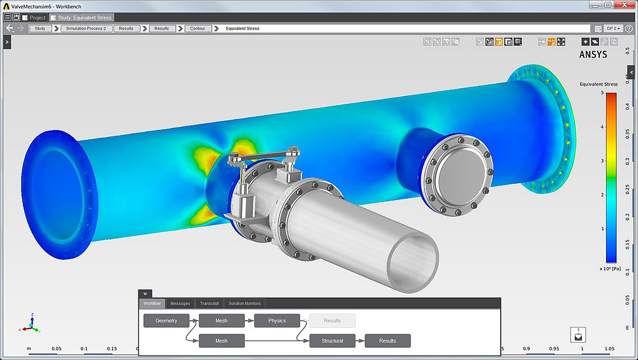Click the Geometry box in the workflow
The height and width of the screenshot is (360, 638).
(166, 321)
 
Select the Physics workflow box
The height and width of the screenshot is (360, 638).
(277, 321)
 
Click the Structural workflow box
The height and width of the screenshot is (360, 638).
(332, 340)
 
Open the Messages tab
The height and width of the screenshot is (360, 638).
(180, 303)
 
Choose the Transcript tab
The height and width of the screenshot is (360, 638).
(209, 303)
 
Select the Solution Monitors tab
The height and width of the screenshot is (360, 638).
(244, 303)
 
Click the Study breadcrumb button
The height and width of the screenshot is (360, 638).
(40, 29)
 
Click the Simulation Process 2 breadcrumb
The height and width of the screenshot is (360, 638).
(86, 29)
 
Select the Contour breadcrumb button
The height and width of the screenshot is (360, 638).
(197, 29)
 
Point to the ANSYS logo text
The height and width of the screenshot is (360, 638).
(593, 55)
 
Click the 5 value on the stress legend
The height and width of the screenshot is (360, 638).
(602, 93)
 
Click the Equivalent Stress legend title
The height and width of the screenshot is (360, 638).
(598, 84)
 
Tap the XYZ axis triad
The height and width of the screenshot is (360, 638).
(31, 324)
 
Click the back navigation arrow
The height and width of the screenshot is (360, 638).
(10, 29)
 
